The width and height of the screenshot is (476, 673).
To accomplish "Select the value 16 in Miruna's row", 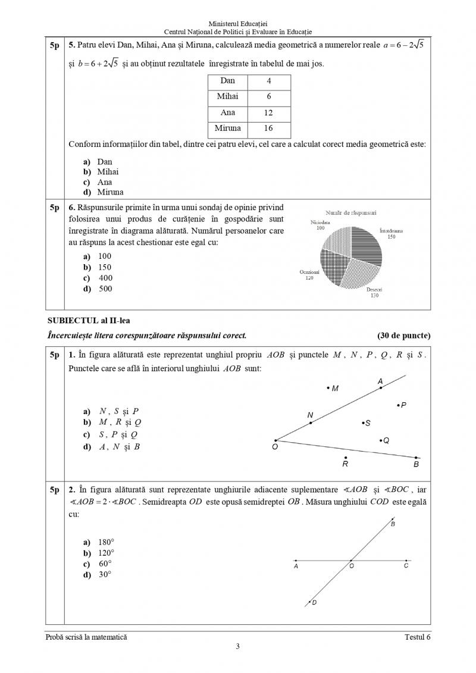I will [269, 128].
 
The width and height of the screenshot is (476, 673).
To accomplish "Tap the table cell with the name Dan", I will [228, 81].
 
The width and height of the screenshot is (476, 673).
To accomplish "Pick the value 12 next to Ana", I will [269, 112].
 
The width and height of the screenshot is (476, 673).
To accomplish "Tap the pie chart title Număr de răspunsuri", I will [350, 212].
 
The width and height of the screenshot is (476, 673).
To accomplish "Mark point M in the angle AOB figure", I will [328, 388].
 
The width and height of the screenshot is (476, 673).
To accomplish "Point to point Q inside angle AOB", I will [381, 440].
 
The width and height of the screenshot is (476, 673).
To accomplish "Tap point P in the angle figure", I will [398, 405].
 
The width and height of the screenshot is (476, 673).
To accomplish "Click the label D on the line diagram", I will [314, 603].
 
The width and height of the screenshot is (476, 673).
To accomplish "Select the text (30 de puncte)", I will [403, 336].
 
